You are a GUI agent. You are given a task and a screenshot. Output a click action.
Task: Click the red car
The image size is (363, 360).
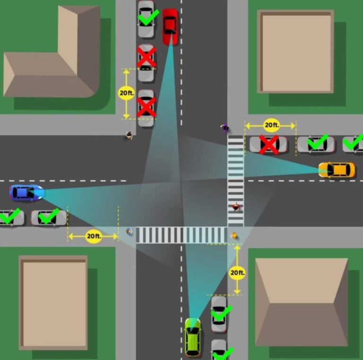[x=170, y=26]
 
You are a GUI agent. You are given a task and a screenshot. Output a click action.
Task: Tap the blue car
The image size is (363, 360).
[x=26, y=193]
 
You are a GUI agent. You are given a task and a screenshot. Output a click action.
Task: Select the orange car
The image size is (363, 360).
[x=337, y=170]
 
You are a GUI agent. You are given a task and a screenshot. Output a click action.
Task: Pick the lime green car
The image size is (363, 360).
[x=193, y=337]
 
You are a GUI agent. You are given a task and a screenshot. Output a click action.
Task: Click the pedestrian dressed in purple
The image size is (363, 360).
[x=225, y=127]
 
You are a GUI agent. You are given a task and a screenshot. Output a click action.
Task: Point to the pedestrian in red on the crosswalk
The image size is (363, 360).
[x=236, y=207]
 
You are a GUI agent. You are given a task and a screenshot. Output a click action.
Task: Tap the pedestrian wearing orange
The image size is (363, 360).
[x=234, y=236]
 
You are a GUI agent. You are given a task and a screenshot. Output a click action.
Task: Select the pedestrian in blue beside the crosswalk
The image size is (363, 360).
[x=130, y=231]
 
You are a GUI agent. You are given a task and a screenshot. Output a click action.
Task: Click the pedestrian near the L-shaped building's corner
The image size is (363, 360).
[x=129, y=135]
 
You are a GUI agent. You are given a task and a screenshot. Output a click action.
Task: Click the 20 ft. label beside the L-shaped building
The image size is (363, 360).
[x=126, y=93]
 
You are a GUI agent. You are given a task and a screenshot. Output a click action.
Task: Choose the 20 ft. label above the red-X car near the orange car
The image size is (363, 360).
[x=271, y=125]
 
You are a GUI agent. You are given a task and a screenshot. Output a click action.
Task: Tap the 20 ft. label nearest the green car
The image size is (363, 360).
[x=237, y=272]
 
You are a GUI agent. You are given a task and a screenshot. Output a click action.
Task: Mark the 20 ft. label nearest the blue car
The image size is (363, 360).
[x=94, y=236]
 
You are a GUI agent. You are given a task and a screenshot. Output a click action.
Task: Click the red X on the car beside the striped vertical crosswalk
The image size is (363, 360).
[x=269, y=145]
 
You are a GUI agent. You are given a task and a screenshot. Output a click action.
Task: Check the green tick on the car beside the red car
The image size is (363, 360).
[x=148, y=17]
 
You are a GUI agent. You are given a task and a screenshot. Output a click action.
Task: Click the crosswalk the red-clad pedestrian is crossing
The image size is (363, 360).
[x=236, y=181]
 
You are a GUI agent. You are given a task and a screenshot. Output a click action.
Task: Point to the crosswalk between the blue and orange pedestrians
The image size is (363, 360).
[x=181, y=235]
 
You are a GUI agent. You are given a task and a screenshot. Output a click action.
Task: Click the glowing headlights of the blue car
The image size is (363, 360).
[x=41, y=192]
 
